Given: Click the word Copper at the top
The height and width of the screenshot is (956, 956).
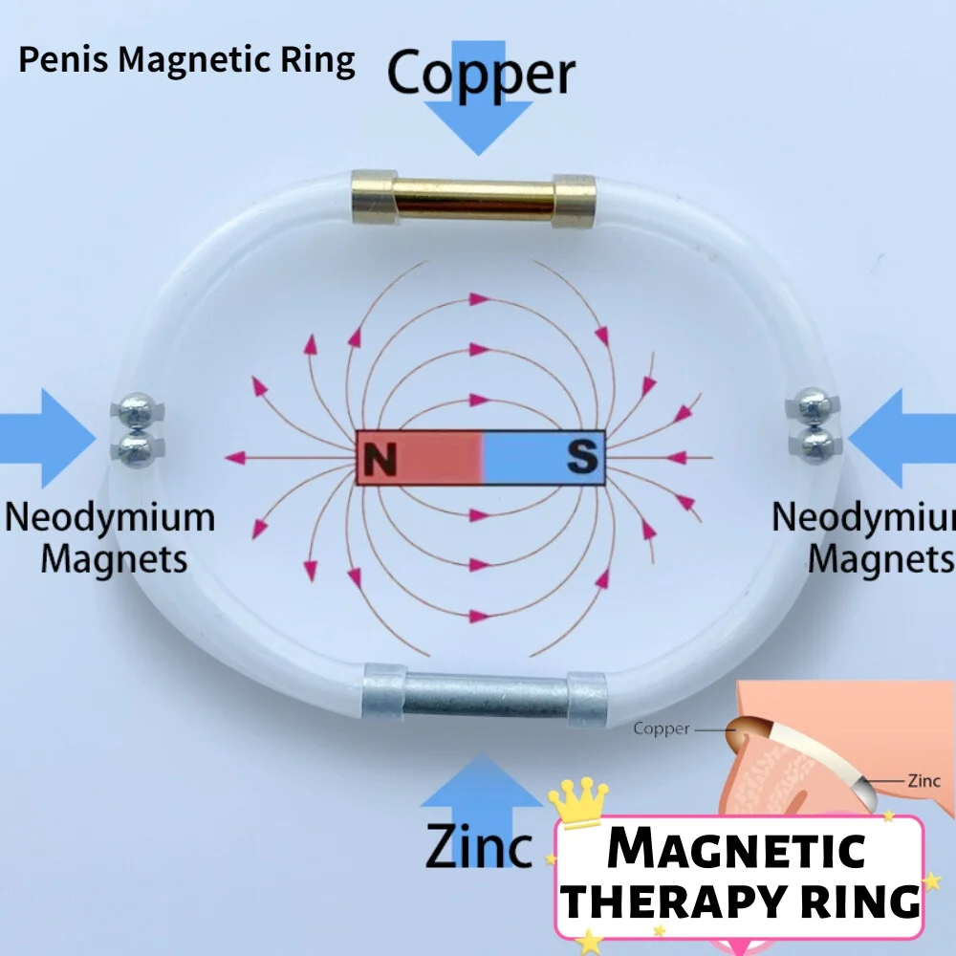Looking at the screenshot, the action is point(481,74).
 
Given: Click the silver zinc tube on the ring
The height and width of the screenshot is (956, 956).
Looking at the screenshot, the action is point(485,696).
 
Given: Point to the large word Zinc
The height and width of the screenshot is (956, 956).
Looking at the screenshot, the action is point(478,844).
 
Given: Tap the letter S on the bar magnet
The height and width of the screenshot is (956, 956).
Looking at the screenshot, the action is point(580,458).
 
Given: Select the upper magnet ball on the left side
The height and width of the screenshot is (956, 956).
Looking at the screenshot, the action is point(138,412).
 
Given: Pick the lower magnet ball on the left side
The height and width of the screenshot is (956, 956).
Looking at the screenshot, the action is point(138,445).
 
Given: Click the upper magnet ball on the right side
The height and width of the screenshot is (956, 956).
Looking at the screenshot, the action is point(813,405).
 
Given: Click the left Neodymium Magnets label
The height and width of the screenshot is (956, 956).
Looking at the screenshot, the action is point(110,536).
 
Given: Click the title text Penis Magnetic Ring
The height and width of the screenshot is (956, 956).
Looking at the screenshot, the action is point(186,61).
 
